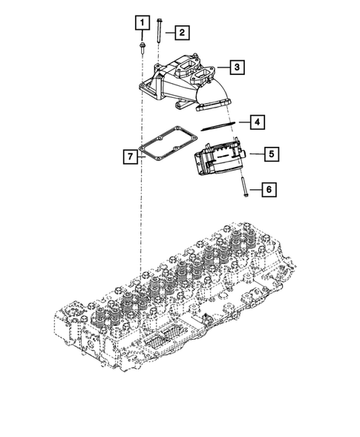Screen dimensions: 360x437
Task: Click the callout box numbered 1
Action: coord(143,22)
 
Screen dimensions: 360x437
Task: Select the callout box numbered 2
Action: coord(182,33)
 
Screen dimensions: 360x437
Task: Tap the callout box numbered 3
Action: coord(237,68)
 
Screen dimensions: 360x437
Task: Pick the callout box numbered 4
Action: coord(257,122)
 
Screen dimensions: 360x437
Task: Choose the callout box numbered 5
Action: coord(272,154)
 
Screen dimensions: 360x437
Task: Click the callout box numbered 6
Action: coord(269,190)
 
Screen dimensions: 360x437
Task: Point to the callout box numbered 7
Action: coord(131,157)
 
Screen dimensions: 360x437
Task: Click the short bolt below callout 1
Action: coord(142,47)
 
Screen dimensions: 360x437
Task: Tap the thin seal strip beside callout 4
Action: coord(218,125)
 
